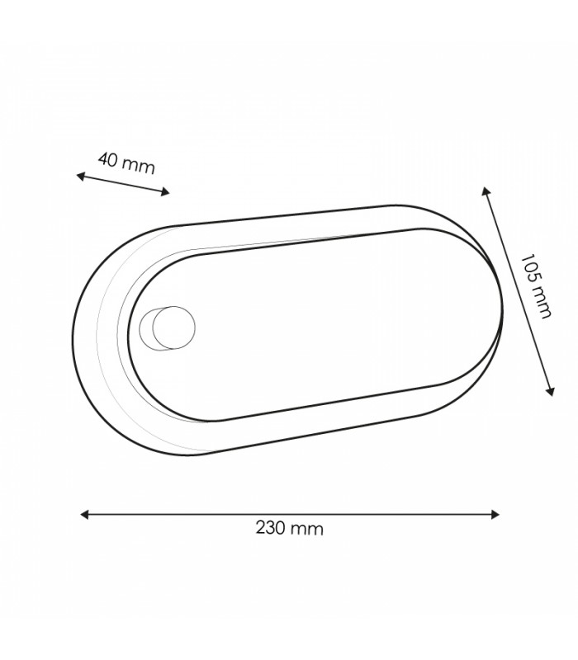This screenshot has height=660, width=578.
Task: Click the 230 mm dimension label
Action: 290,528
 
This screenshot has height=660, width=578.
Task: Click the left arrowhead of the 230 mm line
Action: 84,514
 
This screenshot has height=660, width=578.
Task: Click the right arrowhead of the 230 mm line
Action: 495,514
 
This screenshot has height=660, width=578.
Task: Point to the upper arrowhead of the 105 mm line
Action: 486,191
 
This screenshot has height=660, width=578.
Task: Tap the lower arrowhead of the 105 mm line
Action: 550,391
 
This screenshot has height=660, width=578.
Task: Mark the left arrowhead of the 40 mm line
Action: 80,176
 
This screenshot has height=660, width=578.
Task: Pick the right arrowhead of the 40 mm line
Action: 165,192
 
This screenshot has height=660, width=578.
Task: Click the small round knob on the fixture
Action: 173,328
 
